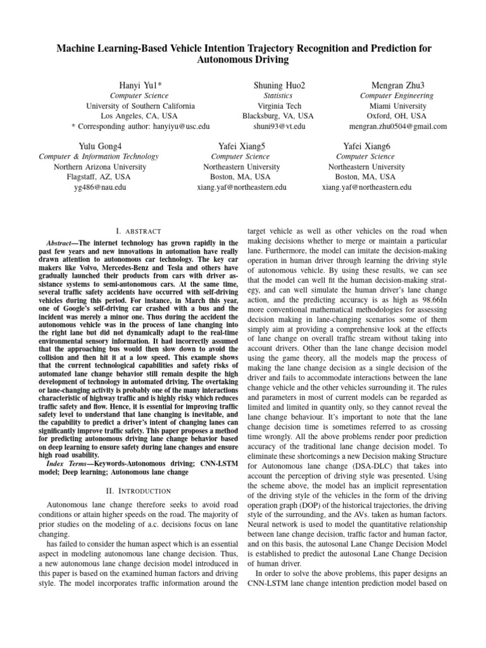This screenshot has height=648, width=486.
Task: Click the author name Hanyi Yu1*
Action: [140, 85]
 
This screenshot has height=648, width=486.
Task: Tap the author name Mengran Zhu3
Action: [398, 85]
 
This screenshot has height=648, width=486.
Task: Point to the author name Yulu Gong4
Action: [99, 146]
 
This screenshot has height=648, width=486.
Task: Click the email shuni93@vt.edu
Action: [279, 126]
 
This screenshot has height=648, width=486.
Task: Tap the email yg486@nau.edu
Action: [99, 187]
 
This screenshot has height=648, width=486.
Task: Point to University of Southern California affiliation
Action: [140, 106]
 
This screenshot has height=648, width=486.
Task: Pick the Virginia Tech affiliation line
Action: [279, 106]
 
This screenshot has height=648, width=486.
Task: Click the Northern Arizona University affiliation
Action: [99, 167]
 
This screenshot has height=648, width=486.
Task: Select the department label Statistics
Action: [279, 96]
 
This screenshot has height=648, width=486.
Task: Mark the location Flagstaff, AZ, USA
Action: [99, 177]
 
